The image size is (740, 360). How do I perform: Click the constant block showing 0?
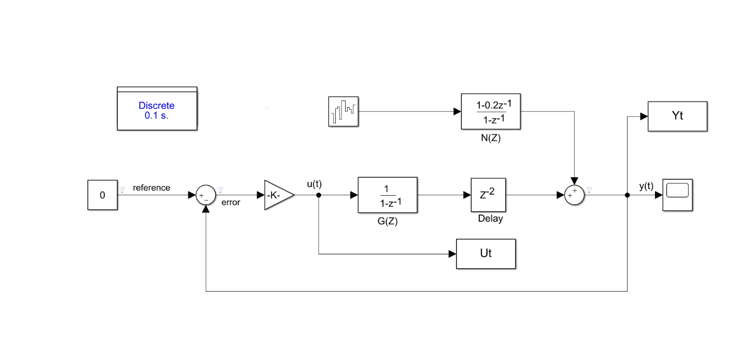(102, 195)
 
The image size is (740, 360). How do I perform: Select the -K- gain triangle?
(277, 195)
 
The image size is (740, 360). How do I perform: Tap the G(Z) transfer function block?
(387, 195)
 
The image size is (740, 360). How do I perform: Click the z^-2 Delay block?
(488, 195)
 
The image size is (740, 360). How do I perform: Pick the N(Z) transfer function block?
(491, 111)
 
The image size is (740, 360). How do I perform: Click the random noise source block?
(344, 111)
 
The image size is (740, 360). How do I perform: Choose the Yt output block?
(677, 116)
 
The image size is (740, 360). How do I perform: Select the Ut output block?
(486, 254)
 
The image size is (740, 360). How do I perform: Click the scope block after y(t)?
(677, 195)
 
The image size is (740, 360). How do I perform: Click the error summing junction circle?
(206, 195)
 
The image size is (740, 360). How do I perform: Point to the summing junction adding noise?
(574, 195)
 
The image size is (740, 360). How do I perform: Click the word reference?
(151, 188)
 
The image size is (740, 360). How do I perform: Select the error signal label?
(231, 203)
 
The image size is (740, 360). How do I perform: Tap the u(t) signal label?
(314, 184)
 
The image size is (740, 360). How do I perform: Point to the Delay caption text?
(490, 219)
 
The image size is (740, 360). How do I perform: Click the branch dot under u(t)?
(318, 195)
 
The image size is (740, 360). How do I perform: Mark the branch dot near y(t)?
(627, 195)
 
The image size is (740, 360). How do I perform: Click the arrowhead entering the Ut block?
(452, 254)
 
